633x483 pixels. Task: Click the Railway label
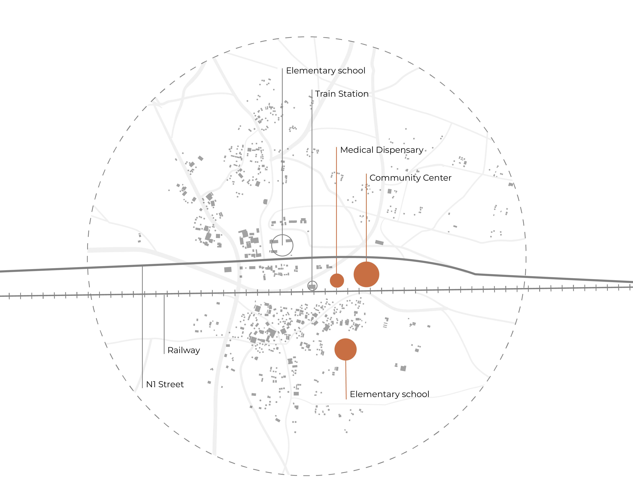point(184,350)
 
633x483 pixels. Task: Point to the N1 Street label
point(165,384)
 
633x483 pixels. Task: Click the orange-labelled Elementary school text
point(389,394)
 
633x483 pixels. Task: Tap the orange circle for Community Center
point(366,274)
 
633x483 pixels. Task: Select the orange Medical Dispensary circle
point(337,280)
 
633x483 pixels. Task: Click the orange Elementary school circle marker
point(345,349)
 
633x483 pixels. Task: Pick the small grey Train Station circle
point(312,286)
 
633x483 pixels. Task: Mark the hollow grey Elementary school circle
point(282,245)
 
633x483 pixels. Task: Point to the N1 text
point(151,384)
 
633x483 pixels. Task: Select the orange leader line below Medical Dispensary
point(337,210)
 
